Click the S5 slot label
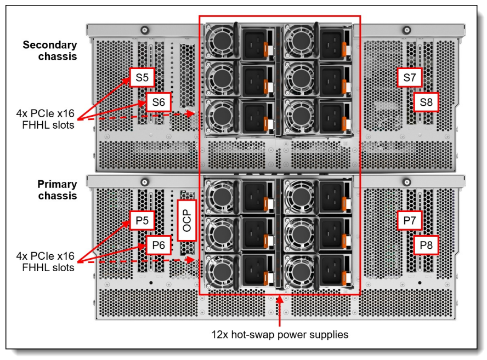point(142,78)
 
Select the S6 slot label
point(158,101)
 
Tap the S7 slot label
point(409,78)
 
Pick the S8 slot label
point(426,101)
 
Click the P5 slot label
point(142,220)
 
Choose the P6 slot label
point(158,245)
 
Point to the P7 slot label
point(409,220)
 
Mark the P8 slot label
point(426,245)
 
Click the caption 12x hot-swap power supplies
point(280,334)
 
